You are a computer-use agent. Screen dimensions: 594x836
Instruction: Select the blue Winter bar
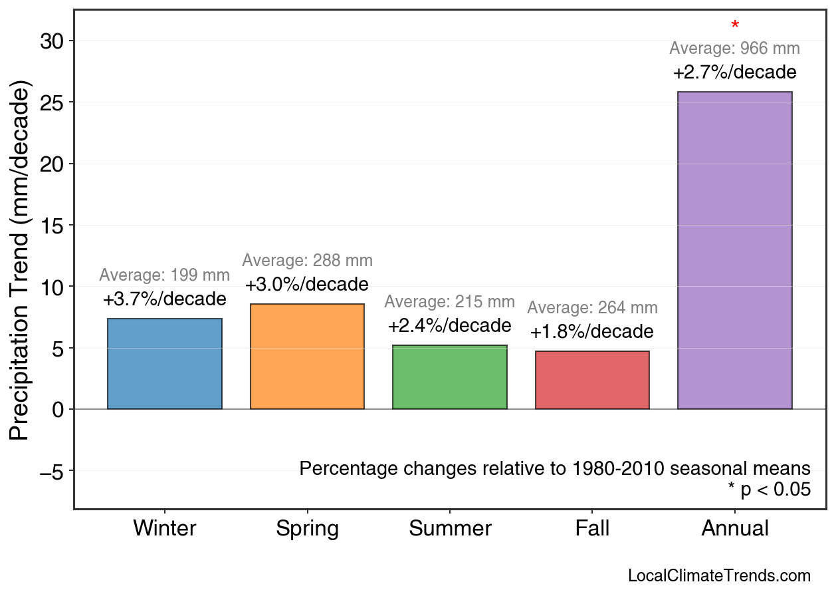[x=165, y=364]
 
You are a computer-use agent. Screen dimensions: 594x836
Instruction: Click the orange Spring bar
[x=307, y=357]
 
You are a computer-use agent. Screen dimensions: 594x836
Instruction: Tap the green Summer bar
[x=450, y=377]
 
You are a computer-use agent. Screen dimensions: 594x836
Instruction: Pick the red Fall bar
[x=592, y=380]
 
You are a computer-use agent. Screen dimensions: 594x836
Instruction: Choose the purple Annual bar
[x=734, y=250]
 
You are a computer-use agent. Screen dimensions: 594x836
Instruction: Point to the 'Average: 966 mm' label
[x=734, y=49]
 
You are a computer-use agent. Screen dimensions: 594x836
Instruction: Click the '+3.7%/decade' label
[x=164, y=299]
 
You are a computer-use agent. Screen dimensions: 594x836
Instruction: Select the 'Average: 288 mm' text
[x=307, y=261]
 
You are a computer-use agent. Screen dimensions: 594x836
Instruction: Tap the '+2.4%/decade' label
[x=449, y=326]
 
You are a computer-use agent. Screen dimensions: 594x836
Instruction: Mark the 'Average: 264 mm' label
[x=592, y=308]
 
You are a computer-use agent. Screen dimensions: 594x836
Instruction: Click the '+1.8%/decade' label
[x=591, y=331]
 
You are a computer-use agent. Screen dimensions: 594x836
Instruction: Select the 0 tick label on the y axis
[x=58, y=410]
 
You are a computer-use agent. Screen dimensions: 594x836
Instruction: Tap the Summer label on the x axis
[x=450, y=529]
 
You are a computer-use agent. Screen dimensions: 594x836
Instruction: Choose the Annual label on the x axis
[x=734, y=529]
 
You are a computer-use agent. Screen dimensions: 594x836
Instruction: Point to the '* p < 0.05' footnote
[x=769, y=490]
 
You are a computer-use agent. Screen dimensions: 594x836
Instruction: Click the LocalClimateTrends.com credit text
[x=719, y=576]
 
